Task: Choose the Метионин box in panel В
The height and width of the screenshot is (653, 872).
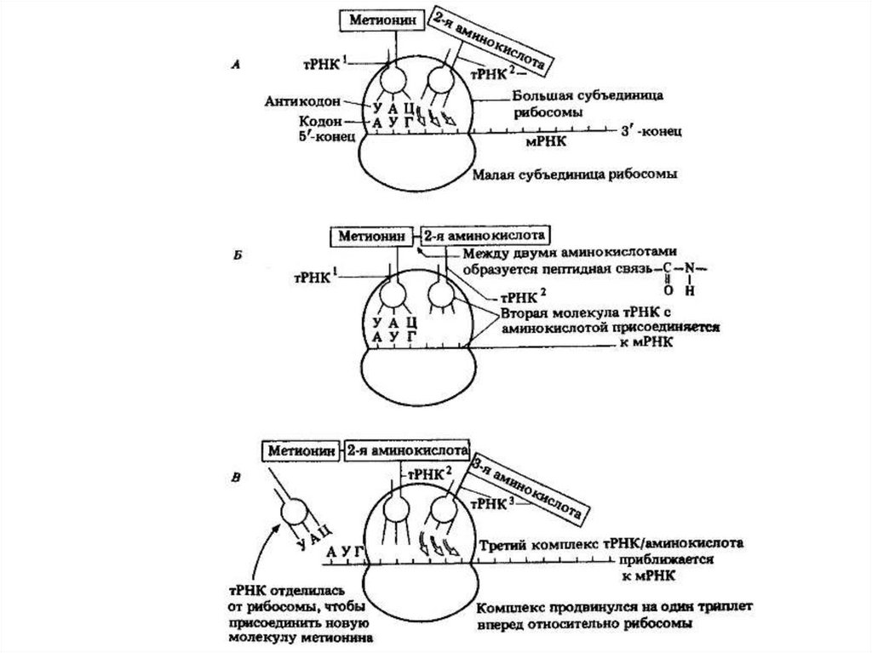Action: point(301,448)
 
